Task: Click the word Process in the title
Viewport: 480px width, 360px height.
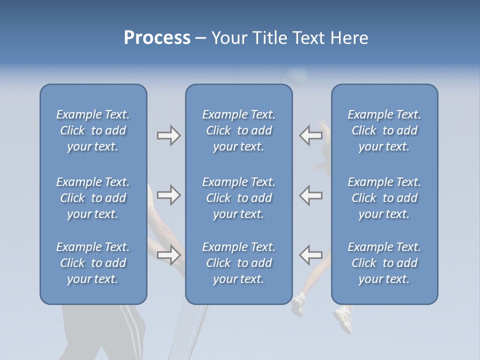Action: [x=157, y=38]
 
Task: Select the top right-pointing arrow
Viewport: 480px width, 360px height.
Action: [x=168, y=135]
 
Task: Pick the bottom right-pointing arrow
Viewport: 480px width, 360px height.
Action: [x=168, y=255]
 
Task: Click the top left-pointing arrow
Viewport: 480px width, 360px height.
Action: [x=310, y=135]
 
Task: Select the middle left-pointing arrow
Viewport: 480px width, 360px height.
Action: [x=310, y=195]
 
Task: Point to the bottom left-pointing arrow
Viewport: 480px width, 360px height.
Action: [x=310, y=254]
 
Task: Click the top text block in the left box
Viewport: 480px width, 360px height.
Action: [x=93, y=130]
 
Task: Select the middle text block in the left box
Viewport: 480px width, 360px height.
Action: [x=93, y=198]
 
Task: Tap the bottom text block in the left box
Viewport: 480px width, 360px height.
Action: [x=93, y=263]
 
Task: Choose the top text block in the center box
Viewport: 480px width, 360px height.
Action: [x=239, y=130]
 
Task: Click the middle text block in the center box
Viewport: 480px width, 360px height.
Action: [x=239, y=198]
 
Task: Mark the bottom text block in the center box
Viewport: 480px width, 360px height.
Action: [x=239, y=263]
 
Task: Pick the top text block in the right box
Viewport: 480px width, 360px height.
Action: [x=384, y=130]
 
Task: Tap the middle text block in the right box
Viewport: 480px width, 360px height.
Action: [x=384, y=198]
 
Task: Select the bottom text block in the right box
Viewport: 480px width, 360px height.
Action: [x=384, y=263]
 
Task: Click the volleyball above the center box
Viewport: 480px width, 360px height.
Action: [x=297, y=76]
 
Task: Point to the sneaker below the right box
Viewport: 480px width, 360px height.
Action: [x=343, y=318]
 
